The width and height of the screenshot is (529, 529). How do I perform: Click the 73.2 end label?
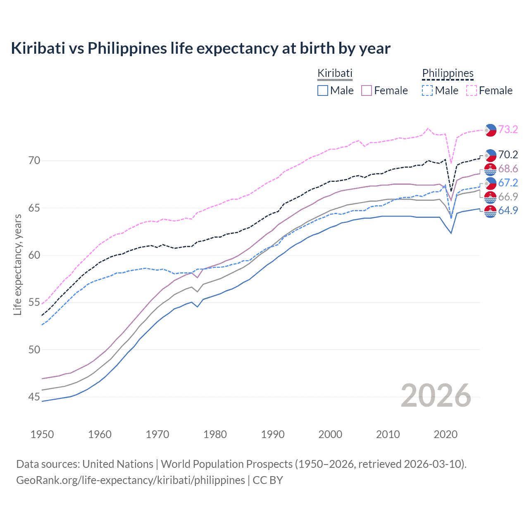pyautogui.click(x=508, y=130)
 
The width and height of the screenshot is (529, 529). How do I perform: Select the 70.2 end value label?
pyautogui.click(x=508, y=155)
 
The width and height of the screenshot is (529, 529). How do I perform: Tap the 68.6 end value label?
pyautogui.click(x=508, y=169)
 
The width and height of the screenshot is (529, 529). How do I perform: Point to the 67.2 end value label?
pyautogui.click(x=508, y=183)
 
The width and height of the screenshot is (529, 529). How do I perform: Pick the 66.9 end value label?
pyautogui.click(x=508, y=197)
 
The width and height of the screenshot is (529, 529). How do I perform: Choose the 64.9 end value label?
pyautogui.click(x=508, y=211)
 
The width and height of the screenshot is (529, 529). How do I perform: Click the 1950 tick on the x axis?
pyautogui.click(x=42, y=434)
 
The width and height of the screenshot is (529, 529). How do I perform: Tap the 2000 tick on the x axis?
pyautogui.click(x=330, y=434)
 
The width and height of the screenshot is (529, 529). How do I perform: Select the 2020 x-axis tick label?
pyautogui.click(x=446, y=434)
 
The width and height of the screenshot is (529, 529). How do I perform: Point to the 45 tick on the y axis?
pyautogui.click(x=34, y=397)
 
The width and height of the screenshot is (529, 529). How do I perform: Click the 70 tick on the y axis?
pyautogui.click(x=34, y=160)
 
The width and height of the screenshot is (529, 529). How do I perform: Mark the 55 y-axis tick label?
pyautogui.click(x=34, y=303)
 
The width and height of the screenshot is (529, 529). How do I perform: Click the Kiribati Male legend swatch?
pyautogui.click(x=323, y=91)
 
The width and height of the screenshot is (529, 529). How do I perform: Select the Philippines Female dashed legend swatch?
pyautogui.click(x=472, y=91)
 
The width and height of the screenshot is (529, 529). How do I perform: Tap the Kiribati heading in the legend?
pyautogui.click(x=335, y=74)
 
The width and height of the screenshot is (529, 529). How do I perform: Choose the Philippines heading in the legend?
pyautogui.click(x=448, y=74)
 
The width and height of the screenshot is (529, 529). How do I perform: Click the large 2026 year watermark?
pyautogui.click(x=436, y=396)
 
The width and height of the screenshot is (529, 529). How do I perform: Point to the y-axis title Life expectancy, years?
pyautogui.click(x=18, y=264)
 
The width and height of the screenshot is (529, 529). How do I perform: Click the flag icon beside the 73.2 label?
pyautogui.click(x=490, y=130)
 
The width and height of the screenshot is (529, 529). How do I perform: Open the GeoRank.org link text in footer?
pyautogui.click(x=131, y=480)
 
